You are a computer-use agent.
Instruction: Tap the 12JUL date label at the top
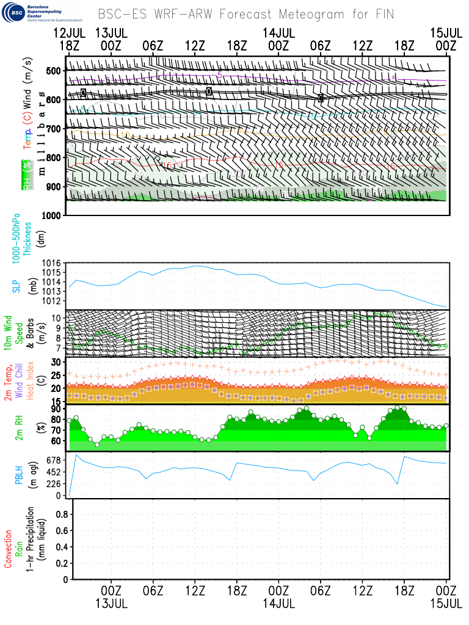pyautogui.click(x=69, y=32)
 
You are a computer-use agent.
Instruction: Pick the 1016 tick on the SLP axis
pyautogui.click(x=51, y=263)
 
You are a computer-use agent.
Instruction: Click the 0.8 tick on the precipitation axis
pyautogui.click(x=60, y=515)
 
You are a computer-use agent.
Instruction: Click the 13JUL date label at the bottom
pyautogui.click(x=111, y=603)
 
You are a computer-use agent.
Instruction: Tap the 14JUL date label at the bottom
pyautogui.click(x=278, y=603)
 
